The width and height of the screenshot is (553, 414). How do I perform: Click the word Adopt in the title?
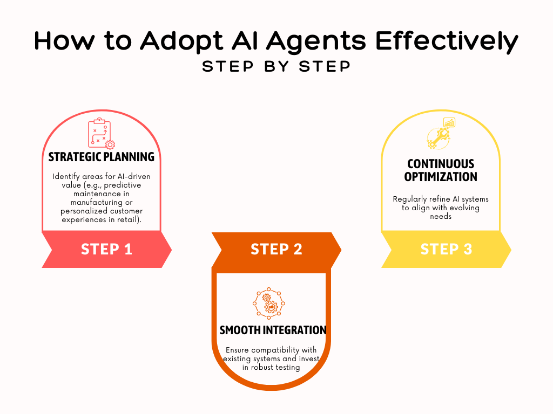181,42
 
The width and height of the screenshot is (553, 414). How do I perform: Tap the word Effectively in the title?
447,42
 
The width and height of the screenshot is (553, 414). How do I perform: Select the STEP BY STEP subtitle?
276,66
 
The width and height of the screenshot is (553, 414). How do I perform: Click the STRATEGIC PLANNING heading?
101,157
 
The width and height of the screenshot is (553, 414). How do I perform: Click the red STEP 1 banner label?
106,249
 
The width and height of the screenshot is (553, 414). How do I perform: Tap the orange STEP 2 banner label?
276,249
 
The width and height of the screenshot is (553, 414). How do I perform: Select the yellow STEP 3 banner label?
446,249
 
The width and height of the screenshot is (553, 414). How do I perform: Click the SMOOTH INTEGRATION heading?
273,330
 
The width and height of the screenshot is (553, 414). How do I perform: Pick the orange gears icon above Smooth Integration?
269,303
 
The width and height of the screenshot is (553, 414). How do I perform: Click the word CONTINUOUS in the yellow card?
441,164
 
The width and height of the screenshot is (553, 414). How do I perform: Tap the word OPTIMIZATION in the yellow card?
441,177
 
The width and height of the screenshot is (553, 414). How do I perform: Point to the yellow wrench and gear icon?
439,138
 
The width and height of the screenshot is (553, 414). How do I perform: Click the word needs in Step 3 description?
441,217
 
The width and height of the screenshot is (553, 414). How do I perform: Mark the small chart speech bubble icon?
449,122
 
